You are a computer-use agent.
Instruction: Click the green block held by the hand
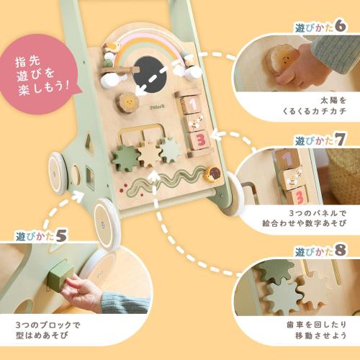coord(59,275)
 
